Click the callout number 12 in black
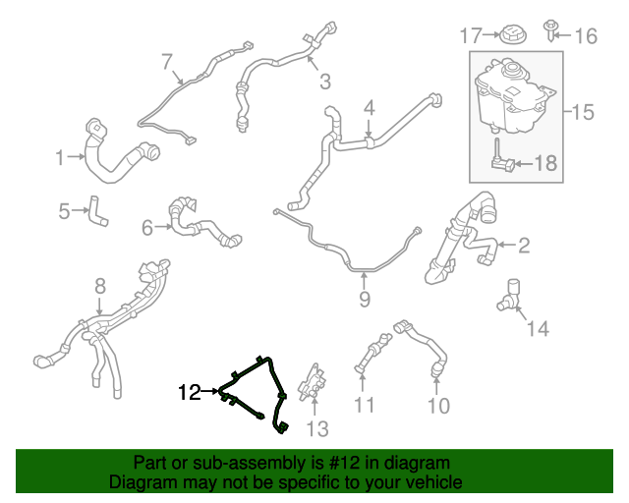click(189, 393)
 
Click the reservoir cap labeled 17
click(512, 37)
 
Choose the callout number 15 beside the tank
click(583, 112)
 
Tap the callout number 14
click(538, 328)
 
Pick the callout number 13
click(317, 428)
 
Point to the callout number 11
click(365, 405)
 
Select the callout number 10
click(438, 405)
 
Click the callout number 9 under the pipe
click(365, 299)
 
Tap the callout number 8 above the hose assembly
click(99, 286)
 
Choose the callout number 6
click(148, 228)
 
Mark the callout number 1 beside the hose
click(59, 157)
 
